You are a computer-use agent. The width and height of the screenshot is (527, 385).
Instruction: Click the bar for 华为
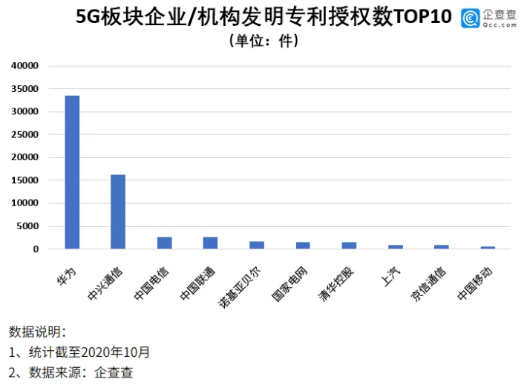[72, 172]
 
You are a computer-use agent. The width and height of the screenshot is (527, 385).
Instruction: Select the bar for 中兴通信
[118, 211]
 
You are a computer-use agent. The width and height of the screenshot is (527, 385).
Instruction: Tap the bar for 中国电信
[164, 243]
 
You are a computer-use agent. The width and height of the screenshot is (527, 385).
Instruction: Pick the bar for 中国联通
[210, 243]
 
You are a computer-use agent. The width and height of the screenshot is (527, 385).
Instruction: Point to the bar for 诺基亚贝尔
[257, 246]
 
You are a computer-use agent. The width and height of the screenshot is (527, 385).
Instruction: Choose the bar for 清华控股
[349, 246]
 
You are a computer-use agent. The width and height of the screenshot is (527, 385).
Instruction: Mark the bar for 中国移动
[487, 248]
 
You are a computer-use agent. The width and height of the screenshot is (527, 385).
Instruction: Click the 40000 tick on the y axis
[25, 66]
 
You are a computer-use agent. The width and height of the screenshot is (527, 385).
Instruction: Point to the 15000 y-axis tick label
[25, 180]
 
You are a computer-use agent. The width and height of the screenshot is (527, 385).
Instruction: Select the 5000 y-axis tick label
[27, 226]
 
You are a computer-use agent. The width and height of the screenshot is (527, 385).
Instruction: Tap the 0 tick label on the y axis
[35, 249]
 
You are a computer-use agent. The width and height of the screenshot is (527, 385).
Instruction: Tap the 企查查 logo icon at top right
[469, 18]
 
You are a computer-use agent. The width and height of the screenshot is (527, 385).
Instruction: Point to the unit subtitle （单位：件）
[263, 41]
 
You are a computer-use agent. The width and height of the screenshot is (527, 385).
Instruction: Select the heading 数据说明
[37, 332]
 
